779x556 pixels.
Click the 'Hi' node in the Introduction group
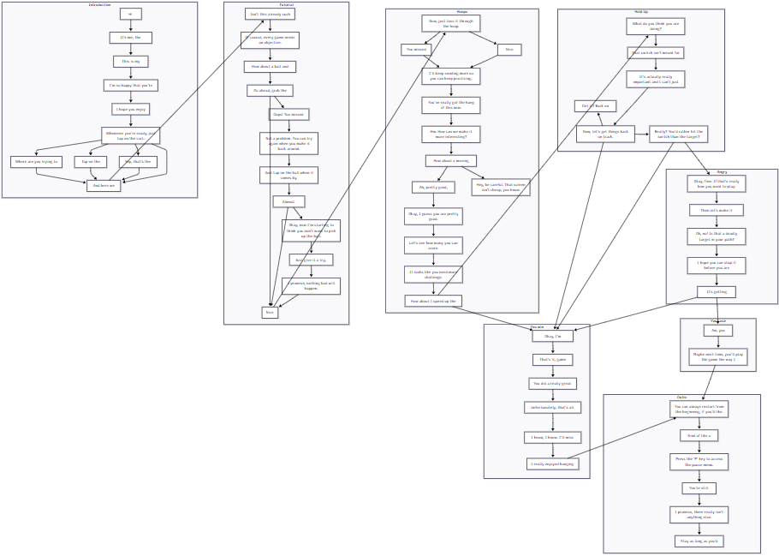[130, 14]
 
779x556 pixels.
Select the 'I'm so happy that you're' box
[131, 85]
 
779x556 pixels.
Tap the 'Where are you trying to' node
[36, 162]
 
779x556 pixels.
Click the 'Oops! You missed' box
[288, 114]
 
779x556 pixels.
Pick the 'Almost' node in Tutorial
[288, 201]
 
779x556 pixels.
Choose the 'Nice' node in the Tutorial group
[270, 313]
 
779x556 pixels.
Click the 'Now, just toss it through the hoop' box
[449, 23]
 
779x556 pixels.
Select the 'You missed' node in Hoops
[415, 50]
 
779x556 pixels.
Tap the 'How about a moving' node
[450, 160]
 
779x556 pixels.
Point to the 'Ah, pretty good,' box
[433, 187]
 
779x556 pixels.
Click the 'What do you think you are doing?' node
[655, 26]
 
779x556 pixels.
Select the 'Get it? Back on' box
[595, 106]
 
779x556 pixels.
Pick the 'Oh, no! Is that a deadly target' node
[717, 236]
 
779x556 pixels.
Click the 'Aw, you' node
[717, 330]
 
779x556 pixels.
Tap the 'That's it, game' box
[552, 360]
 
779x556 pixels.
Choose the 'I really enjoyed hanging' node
[552, 463]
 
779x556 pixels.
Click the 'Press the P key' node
[699, 461]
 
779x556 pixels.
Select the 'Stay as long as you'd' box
[699, 541]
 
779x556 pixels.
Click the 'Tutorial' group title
[286, 5]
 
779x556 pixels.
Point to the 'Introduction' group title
[99, 5]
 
